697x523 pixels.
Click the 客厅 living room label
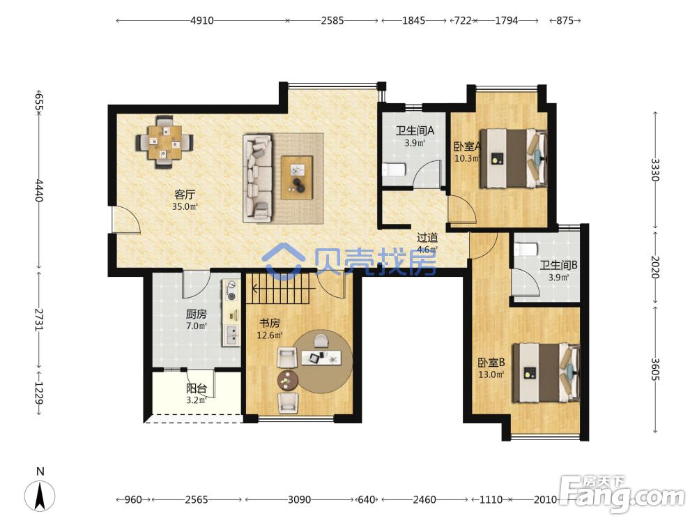pyautogui.click(x=185, y=195)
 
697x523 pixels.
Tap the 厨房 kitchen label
pyautogui.click(x=196, y=314)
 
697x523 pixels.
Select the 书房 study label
pyautogui.click(x=269, y=324)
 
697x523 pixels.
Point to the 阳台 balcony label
pyautogui.click(x=196, y=388)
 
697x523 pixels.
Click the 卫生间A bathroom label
pyautogui.click(x=415, y=131)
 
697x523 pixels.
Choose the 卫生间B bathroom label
pyautogui.click(x=558, y=266)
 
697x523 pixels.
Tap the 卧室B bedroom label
pyautogui.click(x=491, y=363)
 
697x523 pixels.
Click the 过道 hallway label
pyautogui.click(x=427, y=238)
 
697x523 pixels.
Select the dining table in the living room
pyautogui.click(x=164, y=142)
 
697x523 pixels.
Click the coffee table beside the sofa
pyautogui.click(x=297, y=177)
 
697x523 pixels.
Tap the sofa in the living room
pyautogui.click(x=258, y=179)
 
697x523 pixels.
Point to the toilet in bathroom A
pyautogui.click(x=394, y=169)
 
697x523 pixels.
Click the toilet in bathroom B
pyautogui.click(x=526, y=249)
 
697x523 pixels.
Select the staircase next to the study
pyautogui.click(x=278, y=289)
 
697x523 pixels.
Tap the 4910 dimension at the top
pyautogui.click(x=202, y=20)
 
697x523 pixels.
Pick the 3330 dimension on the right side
pyautogui.click(x=654, y=169)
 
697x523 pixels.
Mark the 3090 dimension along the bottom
pyautogui.click(x=299, y=499)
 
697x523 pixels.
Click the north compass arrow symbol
pyautogui.click(x=40, y=495)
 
